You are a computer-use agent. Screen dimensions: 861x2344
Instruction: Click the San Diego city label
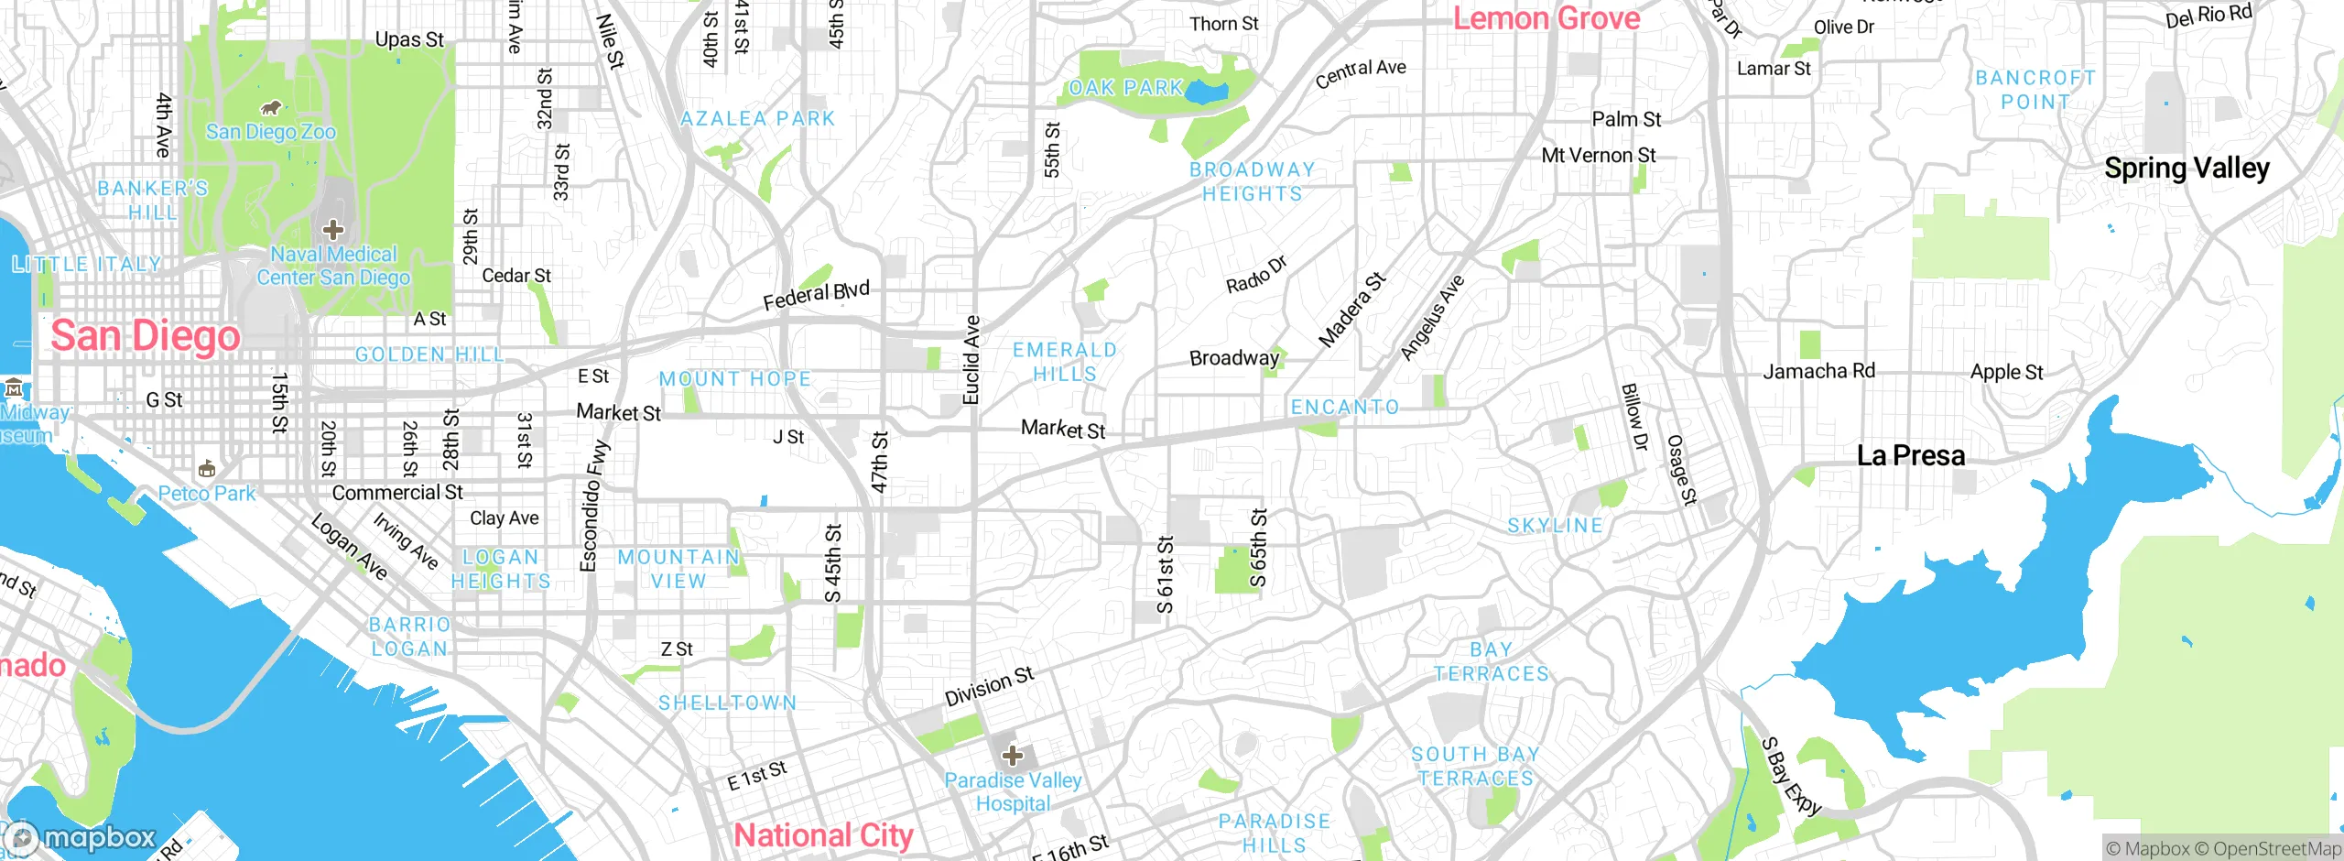pyautogui.click(x=146, y=336)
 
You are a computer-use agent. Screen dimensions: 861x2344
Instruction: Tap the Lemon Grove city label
pyautogui.click(x=1546, y=18)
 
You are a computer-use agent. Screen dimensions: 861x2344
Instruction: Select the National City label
pyautogui.click(x=823, y=835)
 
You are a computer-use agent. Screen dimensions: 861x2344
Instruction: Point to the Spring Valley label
pyautogui.click(x=2187, y=169)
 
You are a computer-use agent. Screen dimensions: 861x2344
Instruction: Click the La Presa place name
pyautogui.click(x=1911, y=455)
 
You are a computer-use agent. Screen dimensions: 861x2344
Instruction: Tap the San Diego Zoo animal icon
pyautogui.click(x=270, y=108)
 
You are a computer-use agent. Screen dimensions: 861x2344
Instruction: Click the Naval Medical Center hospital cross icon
pyautogui.click(x=333, y=229)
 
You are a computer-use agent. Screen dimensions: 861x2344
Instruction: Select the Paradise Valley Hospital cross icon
pyautogui.click(x=1012, y=756)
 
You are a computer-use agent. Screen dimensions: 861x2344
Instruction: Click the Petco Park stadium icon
pyautogui.click(x=207, y=470)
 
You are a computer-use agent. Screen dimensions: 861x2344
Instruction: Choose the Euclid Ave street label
pyautogui.click(x=971, y=360)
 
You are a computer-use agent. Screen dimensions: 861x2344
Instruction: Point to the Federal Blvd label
pyautogui.click(x=816, y=295)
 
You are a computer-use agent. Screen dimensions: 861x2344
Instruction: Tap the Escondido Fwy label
pyautogui.click(x=593, y=506)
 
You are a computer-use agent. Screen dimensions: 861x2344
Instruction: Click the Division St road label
pyautogui.click(x=989, y=686)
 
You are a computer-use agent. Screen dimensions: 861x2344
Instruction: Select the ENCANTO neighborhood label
pyautogui.click(x=1345, y=408)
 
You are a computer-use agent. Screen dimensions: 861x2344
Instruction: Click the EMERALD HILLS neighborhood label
pyautogui.click(x=1064, y=362)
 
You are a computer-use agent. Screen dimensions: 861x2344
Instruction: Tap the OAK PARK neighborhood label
pyautogui.click(x=1126, y=88)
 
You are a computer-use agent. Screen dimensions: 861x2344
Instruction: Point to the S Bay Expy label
pyautogui.click(x=1790, y=775)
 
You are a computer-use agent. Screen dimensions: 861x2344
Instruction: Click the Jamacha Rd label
pyautogui.click(x=1818, y=371)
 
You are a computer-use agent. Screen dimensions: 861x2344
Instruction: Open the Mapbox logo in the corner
pyautogui.click(x=81, y=837)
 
